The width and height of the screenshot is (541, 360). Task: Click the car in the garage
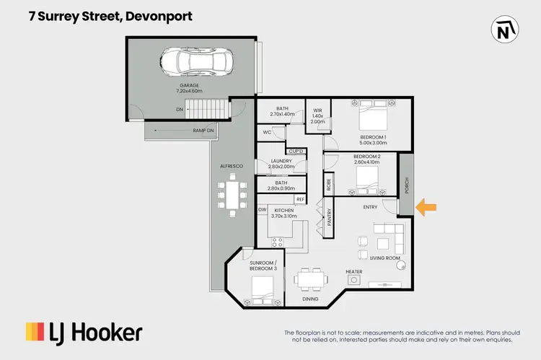coord(191,62)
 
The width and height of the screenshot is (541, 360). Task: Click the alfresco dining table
coord(232,198)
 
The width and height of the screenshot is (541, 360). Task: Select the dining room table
coord(311,278)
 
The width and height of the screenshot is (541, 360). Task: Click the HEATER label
coord(353,272)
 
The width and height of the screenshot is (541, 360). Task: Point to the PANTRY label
coord(329,219)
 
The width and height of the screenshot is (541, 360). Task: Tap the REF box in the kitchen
coord(299,198)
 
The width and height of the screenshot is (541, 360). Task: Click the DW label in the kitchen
coord(263,209)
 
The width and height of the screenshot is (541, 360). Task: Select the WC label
coord(267,132)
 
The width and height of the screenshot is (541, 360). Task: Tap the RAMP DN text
coord(202,131)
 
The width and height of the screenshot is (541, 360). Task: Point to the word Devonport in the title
coord(159,16)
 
